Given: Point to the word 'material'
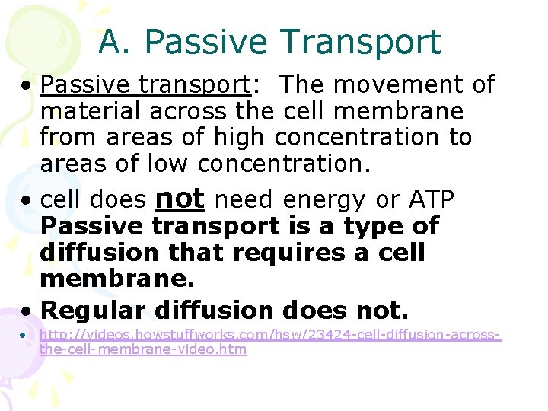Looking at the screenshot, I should pos(91,112).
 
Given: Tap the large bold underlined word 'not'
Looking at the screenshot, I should pos(180,199).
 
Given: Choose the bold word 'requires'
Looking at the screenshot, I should pos(312,253).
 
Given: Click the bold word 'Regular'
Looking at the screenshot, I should pos(93,310).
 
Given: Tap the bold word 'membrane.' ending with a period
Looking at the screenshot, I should pos(117,279).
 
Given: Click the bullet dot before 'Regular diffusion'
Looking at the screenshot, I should pos(27,311).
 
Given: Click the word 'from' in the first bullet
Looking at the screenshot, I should pos(69,138).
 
